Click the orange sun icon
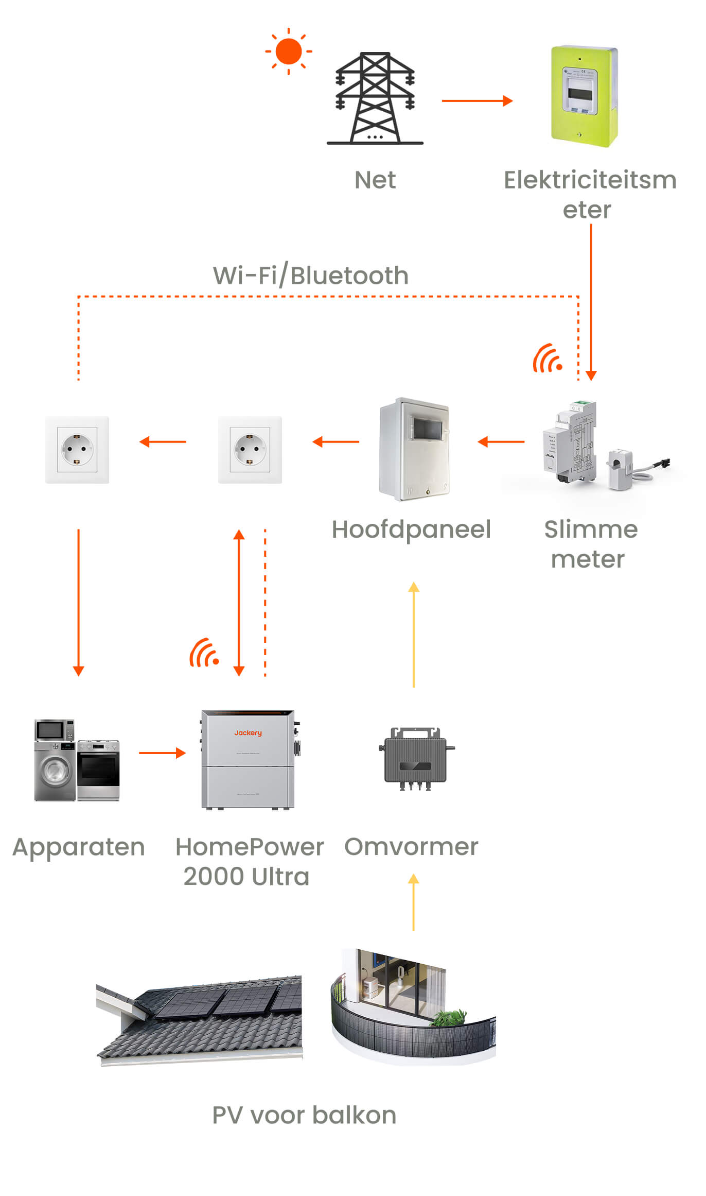pyautogui.click(x=288, y=52)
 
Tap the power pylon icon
pyautogui.click(x=375, y=98)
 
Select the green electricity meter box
pyautogui.click(x=584, y=96)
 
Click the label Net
pyautogui.click(x=375, y=180)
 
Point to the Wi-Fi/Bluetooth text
pyautogui.click(x=311, y=276)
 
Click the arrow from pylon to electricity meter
pyautogui.click(x=477, y=101)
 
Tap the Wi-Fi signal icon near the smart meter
pyautogui.click(x=547, y=358)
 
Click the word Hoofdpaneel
pyautogui.click(x=411, y=529)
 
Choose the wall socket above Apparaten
pyautogui.click(x=77, y=450)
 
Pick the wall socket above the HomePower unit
pyautogui.click(x=250, y=450)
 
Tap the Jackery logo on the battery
pyautogui.click(x=248, y=733)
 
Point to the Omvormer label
pyautogui.click(x=411, y=847)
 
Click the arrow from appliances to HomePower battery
pyautogui.click(x=162, y=753)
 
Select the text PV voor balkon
pyautogui.click(x=304, y=1116)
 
